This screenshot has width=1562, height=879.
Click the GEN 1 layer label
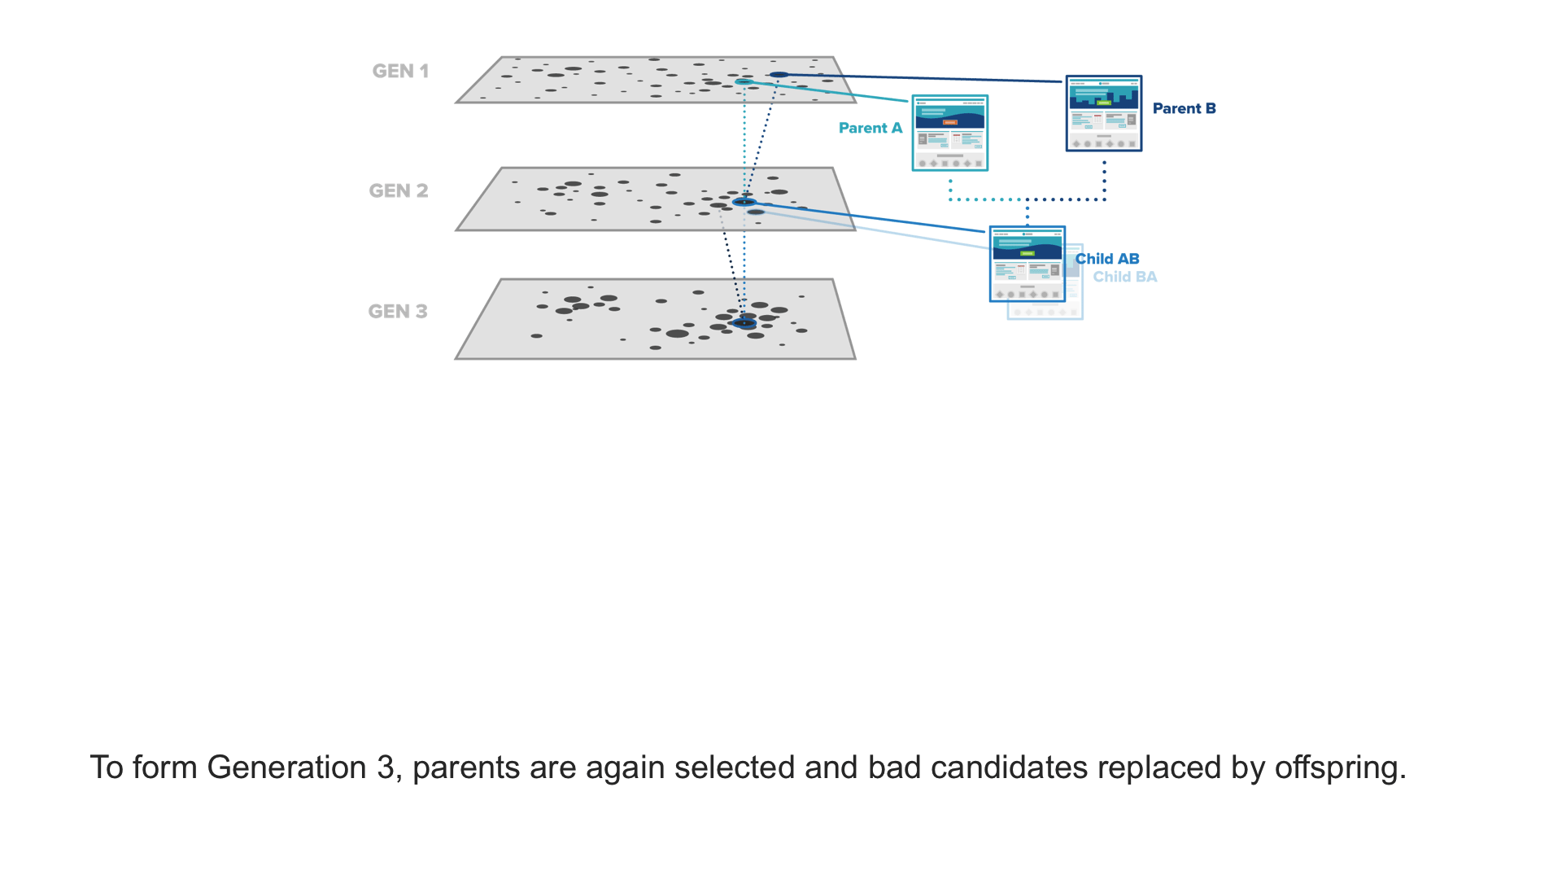(400, 72)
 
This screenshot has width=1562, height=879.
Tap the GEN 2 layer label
(398, 191)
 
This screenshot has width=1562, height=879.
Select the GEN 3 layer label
(397, 312)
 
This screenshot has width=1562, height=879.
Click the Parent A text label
(870, 129)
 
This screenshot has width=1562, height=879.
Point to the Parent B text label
(1184, 109)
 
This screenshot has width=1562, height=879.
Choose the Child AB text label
(1107, 259)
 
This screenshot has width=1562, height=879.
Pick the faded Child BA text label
(1125, 278)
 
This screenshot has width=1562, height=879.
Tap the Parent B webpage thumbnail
(1104, 114)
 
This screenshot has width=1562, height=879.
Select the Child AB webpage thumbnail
(1027, 264)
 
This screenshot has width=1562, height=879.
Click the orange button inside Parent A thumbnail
(949, 122)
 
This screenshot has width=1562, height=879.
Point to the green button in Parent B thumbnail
(1104, 103)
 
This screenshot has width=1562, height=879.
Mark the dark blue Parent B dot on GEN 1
(779, 75)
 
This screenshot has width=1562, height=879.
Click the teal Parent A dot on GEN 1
(744, 82)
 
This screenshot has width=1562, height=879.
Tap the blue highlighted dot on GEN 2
(744, 202)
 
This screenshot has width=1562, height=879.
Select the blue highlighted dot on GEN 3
(744, 323)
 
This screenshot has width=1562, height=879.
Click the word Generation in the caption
(286, 768)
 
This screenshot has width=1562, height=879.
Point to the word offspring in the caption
(1340, 768)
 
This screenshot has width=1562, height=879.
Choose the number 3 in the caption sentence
(386, 768)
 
